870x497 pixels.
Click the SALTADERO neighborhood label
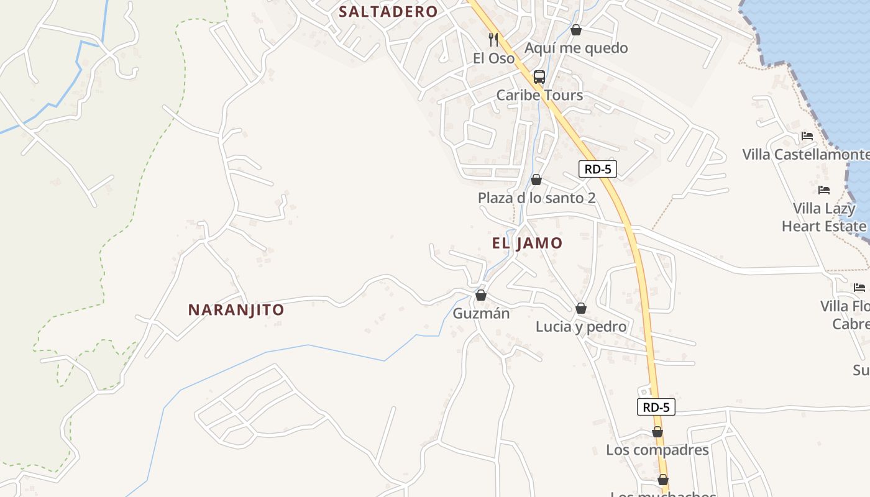click(388, 12)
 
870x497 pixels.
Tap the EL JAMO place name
click(527, 243)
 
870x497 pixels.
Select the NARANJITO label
click(236, 309)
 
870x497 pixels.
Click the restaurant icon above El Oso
click(494, 40)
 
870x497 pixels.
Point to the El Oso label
click(494, 58)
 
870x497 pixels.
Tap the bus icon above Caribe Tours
click(539, 77)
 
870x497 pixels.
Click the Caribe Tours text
click(539, 95)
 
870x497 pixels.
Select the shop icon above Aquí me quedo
click(576, 30)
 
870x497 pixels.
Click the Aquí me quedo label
click(576, 48)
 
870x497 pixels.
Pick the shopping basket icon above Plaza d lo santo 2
click(536, 180)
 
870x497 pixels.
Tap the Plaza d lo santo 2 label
click(536, 198)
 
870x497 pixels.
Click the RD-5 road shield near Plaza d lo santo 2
click(597, 169)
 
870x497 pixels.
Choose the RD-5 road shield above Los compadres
click(656, 408)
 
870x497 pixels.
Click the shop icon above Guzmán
click(481, 295)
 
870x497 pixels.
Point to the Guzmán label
click(481, 313)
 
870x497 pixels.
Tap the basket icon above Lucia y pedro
click(581, 308)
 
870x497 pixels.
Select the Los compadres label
click(657, 450)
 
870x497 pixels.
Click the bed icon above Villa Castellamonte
click(807, 136)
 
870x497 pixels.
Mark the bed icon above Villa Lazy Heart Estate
click(824, 190)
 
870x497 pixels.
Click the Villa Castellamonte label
click(806, 155)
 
